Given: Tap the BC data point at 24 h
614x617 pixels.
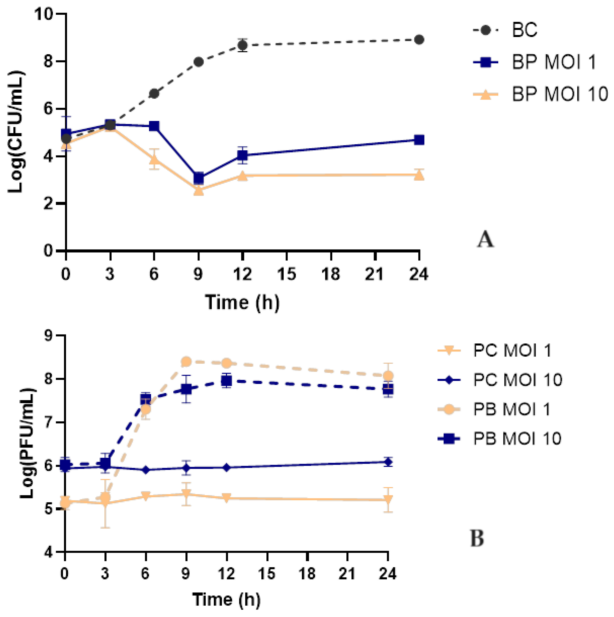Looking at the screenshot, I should point(419,40).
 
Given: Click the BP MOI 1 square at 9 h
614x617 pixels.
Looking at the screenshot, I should point(198,178).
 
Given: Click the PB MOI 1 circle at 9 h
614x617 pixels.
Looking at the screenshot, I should point(186,362).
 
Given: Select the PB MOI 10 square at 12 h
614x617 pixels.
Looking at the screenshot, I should point(227,381).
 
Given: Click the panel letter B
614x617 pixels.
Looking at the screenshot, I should point(477,538).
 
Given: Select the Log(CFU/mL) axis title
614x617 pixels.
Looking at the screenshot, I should point(16,132).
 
